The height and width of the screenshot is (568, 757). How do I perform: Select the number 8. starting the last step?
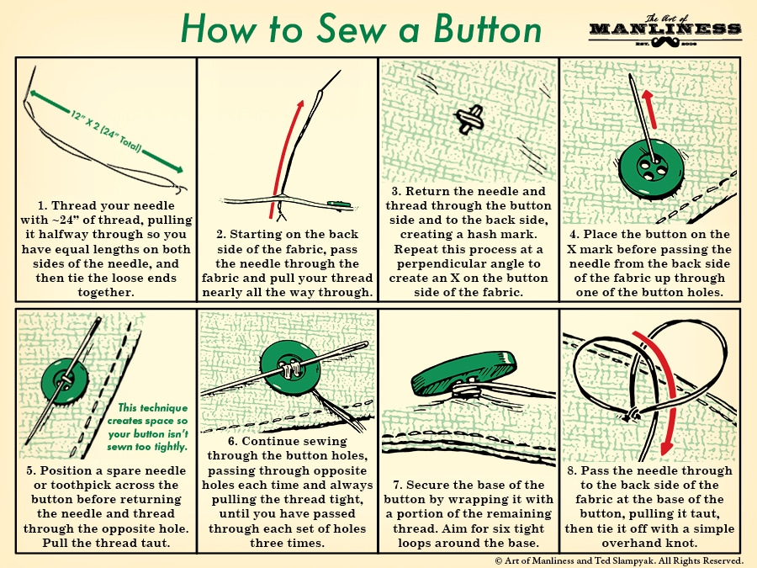pyautogui.click(x=576, y=470)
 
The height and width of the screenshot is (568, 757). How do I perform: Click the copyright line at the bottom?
pyautogui.click(x=617, y=560)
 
